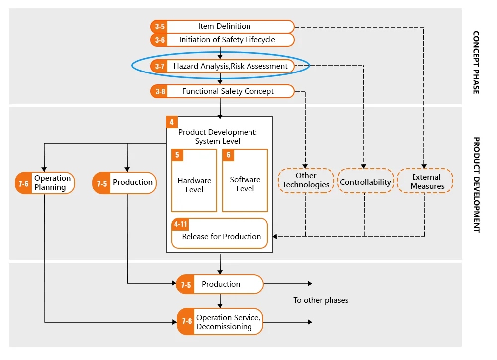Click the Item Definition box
pyautogui.click(x=222, y=26)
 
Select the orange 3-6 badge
pyautogui.click(x=159, y=40)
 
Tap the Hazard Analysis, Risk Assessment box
pyautogui.click(x=222, y=66)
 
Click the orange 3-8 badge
pyautogui.click(x=159, y=91)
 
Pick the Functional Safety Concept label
pyautogui.click(x=228, y=91)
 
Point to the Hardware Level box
pyautogui.click(x=194, y=180)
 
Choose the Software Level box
pyautogui.click(x=245, y=180)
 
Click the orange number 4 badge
pyautogui.click(x=172, y=122)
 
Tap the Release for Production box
pyautogui.click(x=220, y=233)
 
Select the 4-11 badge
pyautogui.click(x=180, y=224)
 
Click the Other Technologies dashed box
pyautogui.click(x=306, y=180)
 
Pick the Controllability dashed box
pyautogui.click(x=365, y=181)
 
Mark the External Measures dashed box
pyautogui.click(x=425, y=181)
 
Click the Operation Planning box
pyautogui.click(x=45, y=183)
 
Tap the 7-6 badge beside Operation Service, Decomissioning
pyautogui.click(x=186, y=321)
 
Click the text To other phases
pyautogui.click(x=321, y=300)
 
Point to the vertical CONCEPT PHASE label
pyautogui.click(x=476, y=63)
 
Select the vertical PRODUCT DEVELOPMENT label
pyautogui.click(x=476, y=185)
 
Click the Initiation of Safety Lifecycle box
pyautogui.click(x=222, y=40)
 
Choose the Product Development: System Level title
pyautogui.click(x=218, y=137)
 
